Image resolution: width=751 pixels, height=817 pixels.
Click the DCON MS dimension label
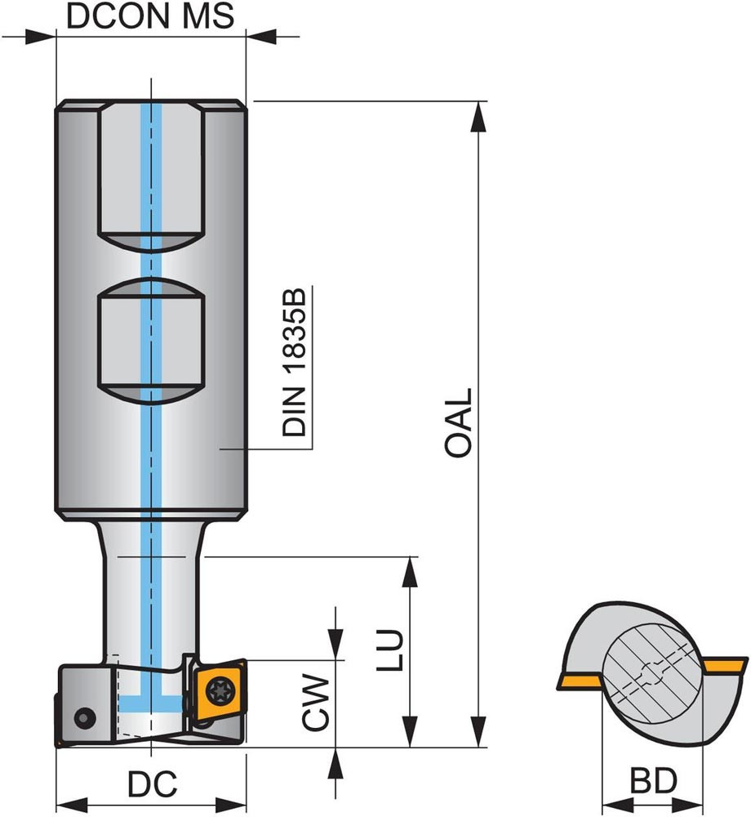coord(149,16)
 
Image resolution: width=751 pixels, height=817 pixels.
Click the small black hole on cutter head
coord(83,717)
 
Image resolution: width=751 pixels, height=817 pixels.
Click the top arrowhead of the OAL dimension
coord(478,114)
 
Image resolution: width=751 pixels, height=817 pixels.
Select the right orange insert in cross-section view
coord(726,667)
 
